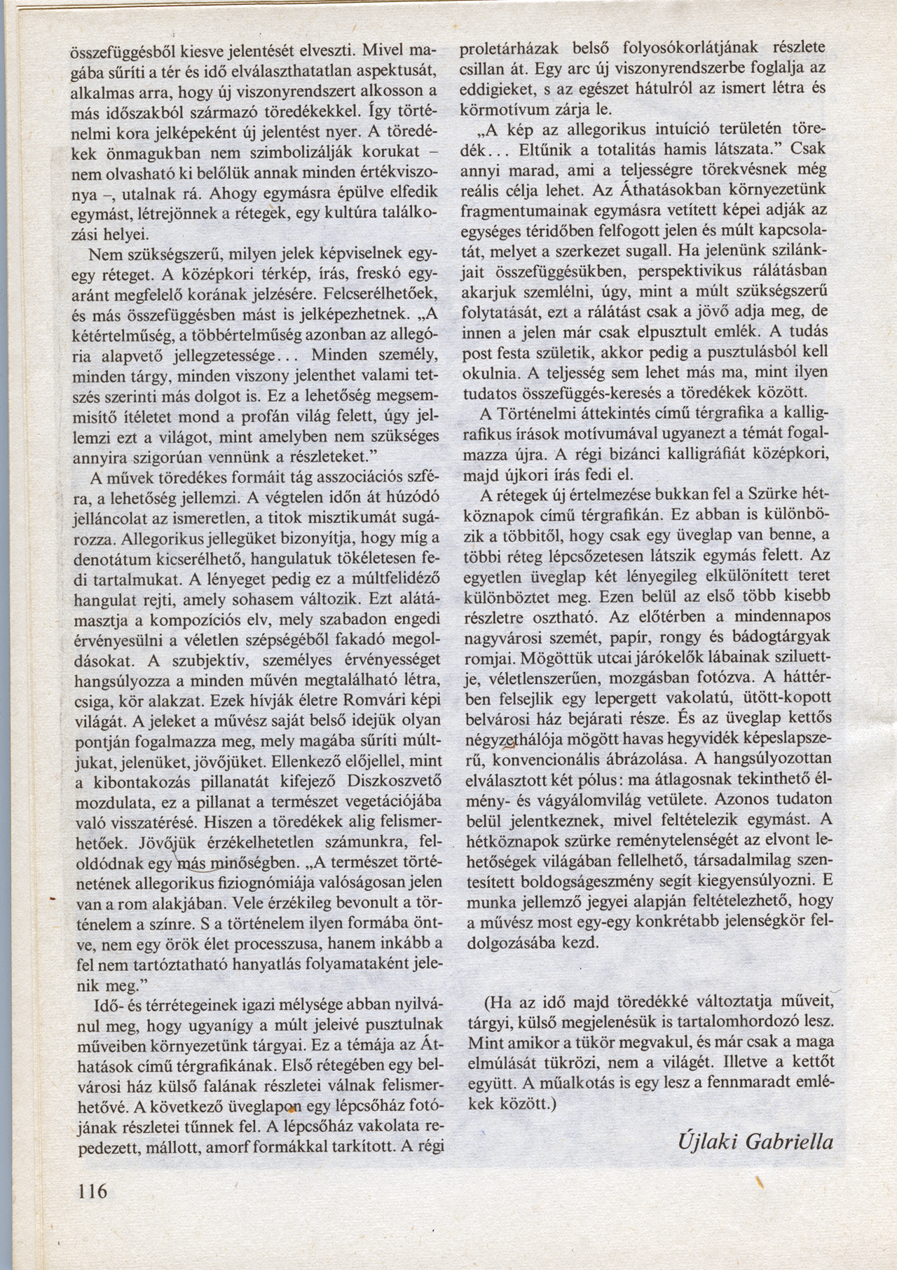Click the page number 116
click(91, 1191)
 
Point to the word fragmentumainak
click(514, 209)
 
